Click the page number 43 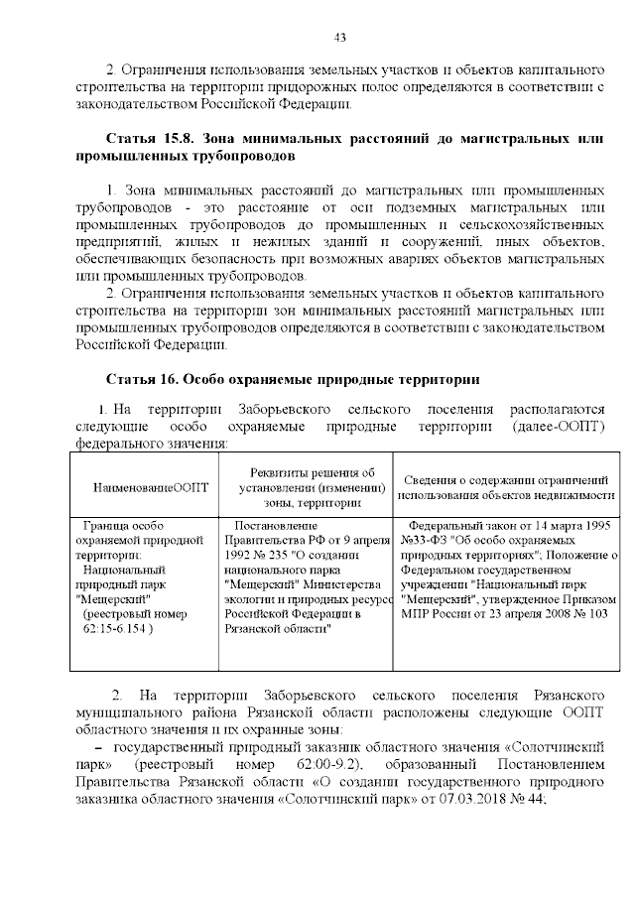coord(339,38)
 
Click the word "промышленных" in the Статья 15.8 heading coord(123,157)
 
